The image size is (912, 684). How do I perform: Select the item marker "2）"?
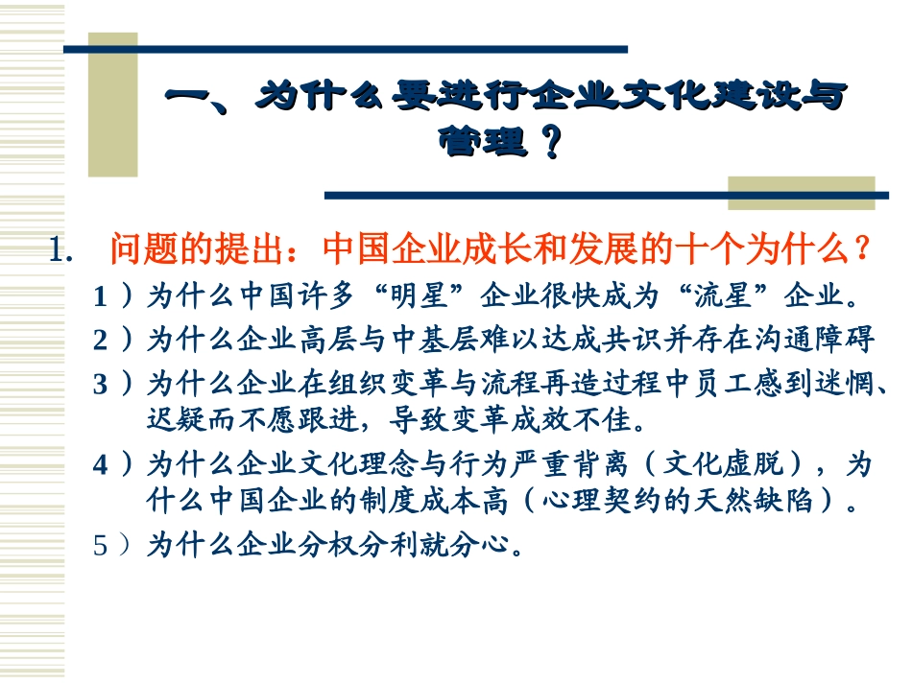click(113, 341)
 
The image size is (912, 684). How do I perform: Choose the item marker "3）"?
click(113, 385)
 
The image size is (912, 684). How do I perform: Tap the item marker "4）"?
click(113, 465)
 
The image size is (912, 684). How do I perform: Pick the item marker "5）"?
click(113, 546)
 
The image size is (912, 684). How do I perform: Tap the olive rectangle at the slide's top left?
click(112, 106)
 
